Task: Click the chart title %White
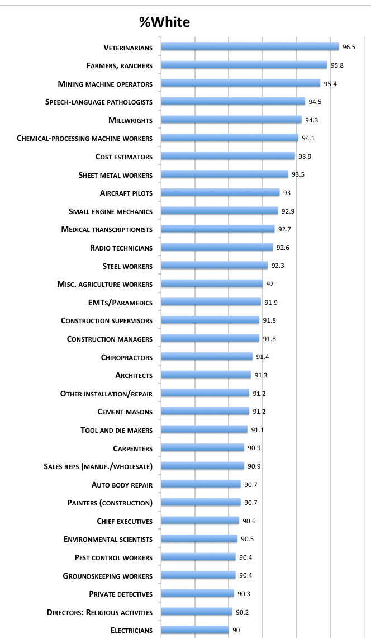(x=165, y=22)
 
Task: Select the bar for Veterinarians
(x=250, y=47)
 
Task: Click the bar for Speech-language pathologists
(x=233, y=102)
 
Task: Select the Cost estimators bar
(x=227, y=157)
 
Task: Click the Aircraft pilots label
(x=126, y=193)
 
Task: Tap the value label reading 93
(x=287, y=193)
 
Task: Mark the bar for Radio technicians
(x=217, y=248)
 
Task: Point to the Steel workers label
(x=128, y=266)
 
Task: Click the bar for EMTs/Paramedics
(x=211, y=302)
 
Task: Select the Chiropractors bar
(x=207, y=357)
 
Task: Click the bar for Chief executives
(x=200, y=521)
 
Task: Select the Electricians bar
(x=195, y=630)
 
